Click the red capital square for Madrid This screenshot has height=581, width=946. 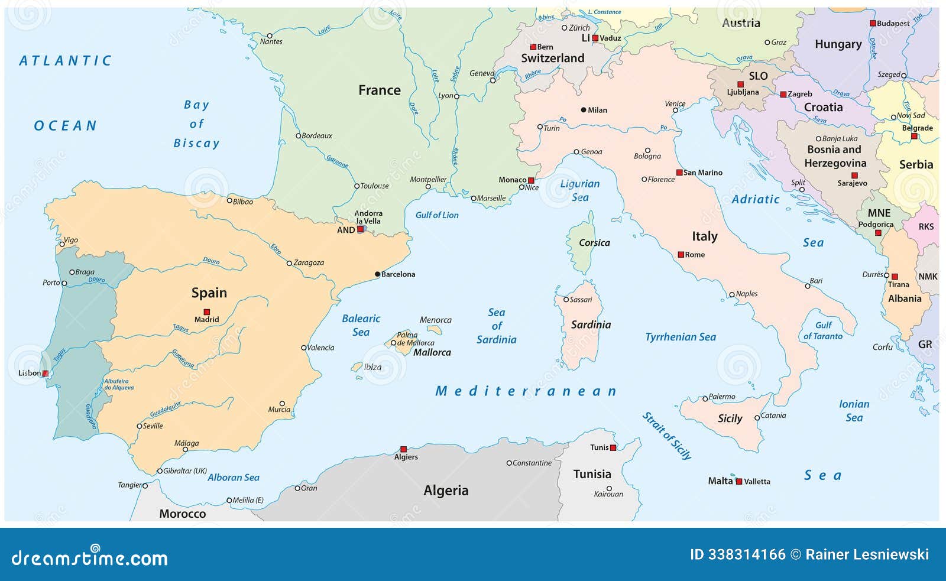[x=207, y=311]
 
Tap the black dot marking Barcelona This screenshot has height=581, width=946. [x=377, y=274]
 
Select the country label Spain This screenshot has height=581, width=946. [x=209, y=293]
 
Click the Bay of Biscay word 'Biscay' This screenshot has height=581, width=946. [x=196, y=143]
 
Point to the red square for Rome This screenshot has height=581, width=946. [x=681, y=255]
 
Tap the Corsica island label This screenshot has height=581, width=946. [x=594, y=242]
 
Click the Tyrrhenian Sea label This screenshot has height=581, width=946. [x=680, y=337]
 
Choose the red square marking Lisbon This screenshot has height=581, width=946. [x=46, y=373]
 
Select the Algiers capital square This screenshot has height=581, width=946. [x=403, y=449]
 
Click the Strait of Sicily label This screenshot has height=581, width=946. [x=667, y=436]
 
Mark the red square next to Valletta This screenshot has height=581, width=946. [x=738, y=482]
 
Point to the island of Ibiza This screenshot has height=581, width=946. [x=357, y=367]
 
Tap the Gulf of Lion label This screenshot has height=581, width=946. [x=436, y=215]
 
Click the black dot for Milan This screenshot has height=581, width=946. [x=584, y=110]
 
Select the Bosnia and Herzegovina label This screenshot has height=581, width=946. [x=835, y=156]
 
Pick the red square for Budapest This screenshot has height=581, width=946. [x=873, y=24]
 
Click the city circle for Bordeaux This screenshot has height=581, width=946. [x=299, y=136]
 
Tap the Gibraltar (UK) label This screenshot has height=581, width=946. [x=184, y=471]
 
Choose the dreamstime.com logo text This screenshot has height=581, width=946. [x=90, y=557]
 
